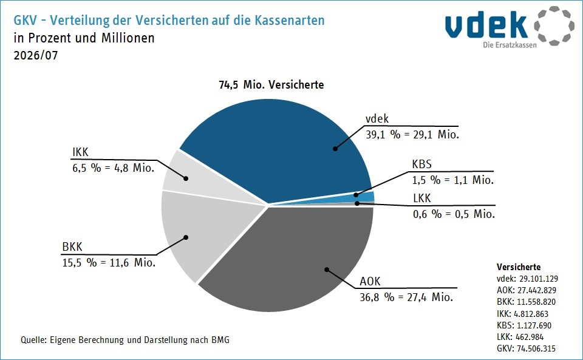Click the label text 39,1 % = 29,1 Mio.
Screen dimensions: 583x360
pyautogui.click(x=412, y=135)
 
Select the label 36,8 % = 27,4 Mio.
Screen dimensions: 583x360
pyautogui.click(x=406, y=297)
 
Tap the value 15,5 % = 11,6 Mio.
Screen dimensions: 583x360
pyautogui.click(x=109, y=263)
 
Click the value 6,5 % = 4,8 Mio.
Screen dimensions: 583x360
pyautogui.click(x=114, y=168)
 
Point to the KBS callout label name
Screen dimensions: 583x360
pyautogui.click(x=421, y=164)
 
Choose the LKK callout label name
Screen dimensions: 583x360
pyautogui.click(x=422, y=199)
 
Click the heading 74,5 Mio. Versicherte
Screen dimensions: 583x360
pyautogui.click(x=271, y=85)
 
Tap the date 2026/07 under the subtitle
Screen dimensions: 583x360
pyautogui.click(x=36, y=55)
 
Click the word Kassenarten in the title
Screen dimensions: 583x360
pyautogui.click(x=290, y=20)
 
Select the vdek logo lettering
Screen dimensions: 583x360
pyautogui.click(x=486, y=25)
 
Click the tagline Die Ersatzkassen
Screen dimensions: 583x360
pyautogui.click(x=510, y=45)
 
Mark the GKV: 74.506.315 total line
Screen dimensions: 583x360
pyautogui.click(x=526, y=348)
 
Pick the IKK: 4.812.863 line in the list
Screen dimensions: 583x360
pyautogui.click(x=522, y=314)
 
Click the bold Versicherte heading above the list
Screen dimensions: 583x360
pyautogui.click(x=519, y=267)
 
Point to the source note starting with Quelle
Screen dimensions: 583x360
pyautogui.click(x=125, y=339)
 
